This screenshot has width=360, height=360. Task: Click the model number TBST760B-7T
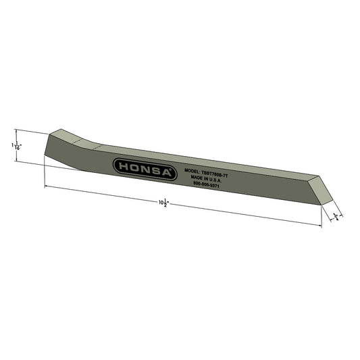point(214,174)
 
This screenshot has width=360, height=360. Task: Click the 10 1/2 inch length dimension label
point(163,202)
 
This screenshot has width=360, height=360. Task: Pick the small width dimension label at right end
point(335,215)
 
